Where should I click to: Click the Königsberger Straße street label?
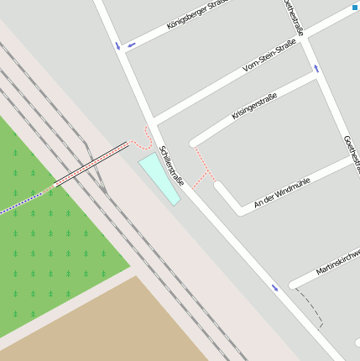point(196,15)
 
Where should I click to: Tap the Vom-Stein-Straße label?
point(269,55)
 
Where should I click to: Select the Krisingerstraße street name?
point(254,108)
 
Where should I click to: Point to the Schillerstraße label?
point(171,165)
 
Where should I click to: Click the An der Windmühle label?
point(281,191)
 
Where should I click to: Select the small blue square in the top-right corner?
point(355,7)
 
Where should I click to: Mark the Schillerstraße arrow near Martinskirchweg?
point(275,288)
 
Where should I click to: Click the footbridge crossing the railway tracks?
point(91,164)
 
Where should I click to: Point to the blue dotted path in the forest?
point(21,202)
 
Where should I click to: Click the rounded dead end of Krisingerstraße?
point(195,142)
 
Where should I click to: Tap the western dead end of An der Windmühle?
point(220,186)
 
